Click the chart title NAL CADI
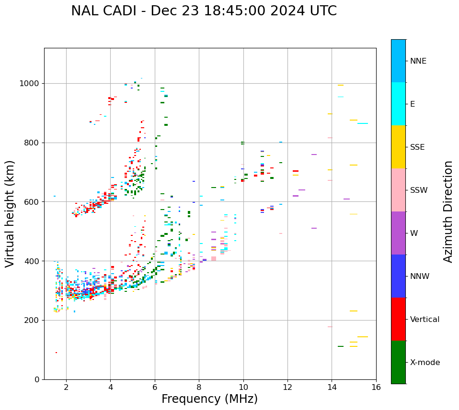pos(204,11)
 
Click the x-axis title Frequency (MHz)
pos(209,399)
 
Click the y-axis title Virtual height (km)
pos(10,213)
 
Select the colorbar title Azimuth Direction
pos(448,211)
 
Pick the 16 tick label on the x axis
pos(376,387)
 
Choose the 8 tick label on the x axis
pos(199,387)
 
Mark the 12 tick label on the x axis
pos(287,387)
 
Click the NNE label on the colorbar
pos(418,61)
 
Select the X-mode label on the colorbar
pos(425,363)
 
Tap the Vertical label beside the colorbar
pos(425,320)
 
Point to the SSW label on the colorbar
pos(419,190)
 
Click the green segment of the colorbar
pos(398,362)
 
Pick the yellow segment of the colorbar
pos(398,147)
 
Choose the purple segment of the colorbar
pos(398,233)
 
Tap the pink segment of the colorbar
pos(398,190)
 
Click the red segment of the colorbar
pos(398,319)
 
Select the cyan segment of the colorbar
pos(398,104)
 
